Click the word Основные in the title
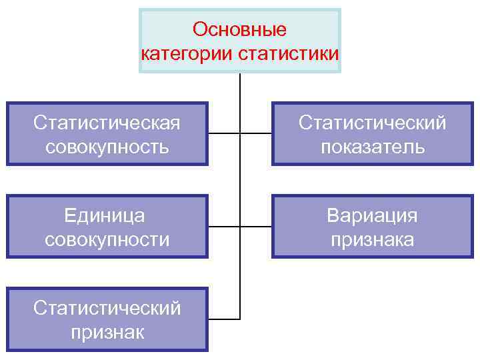[x=239, y=30]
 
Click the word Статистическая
[x=107, y=123]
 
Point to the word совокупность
[x=107, y=146]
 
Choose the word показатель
[x=373, y=146]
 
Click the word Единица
[x=107, y=215]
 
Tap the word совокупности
[x=107, y=239]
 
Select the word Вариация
[x=372, y=215]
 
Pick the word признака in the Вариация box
[x=372, y=239]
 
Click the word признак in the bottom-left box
[x=107, y=331]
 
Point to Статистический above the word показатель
[x=373, y=123]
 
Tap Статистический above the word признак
[x=107, y=308]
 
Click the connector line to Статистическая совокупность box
[x=224, y=133]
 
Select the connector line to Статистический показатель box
[x=256, y=133]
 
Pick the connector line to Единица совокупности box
[x=224, y=226]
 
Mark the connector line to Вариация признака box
[x=256, y=226]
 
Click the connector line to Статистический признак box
[x=224, y=319]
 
